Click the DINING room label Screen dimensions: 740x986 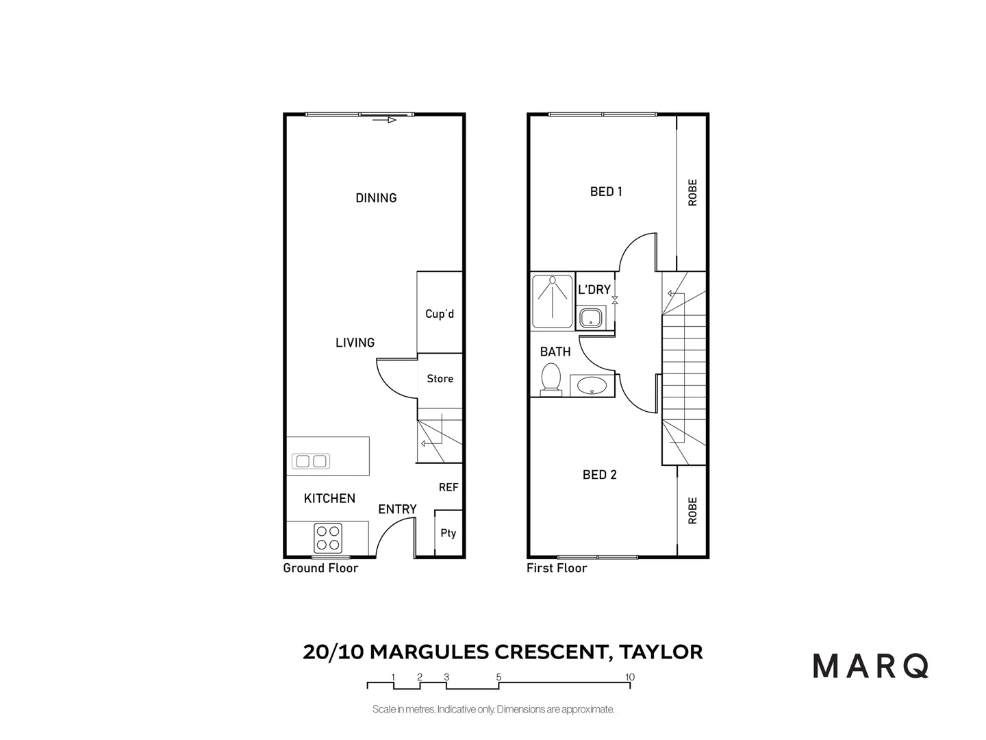376,198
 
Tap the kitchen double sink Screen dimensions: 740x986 311,461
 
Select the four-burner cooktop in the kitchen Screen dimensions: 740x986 328,538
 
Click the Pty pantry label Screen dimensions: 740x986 448,533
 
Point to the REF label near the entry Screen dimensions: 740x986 448,487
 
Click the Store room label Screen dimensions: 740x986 440,379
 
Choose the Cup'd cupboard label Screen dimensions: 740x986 440,314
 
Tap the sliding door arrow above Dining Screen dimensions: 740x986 385,120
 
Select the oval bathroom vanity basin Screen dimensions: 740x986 592,385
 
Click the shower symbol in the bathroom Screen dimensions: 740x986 552,300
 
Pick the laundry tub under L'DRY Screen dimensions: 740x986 590,318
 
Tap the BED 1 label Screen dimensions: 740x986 606,192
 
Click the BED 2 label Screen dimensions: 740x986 599,475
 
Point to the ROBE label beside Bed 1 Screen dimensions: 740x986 692,193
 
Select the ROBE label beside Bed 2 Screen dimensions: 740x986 692,510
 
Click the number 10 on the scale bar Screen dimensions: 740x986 629,677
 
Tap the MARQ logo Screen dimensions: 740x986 870,666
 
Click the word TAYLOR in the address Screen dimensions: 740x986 661,652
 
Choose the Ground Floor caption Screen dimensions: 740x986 320,568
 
